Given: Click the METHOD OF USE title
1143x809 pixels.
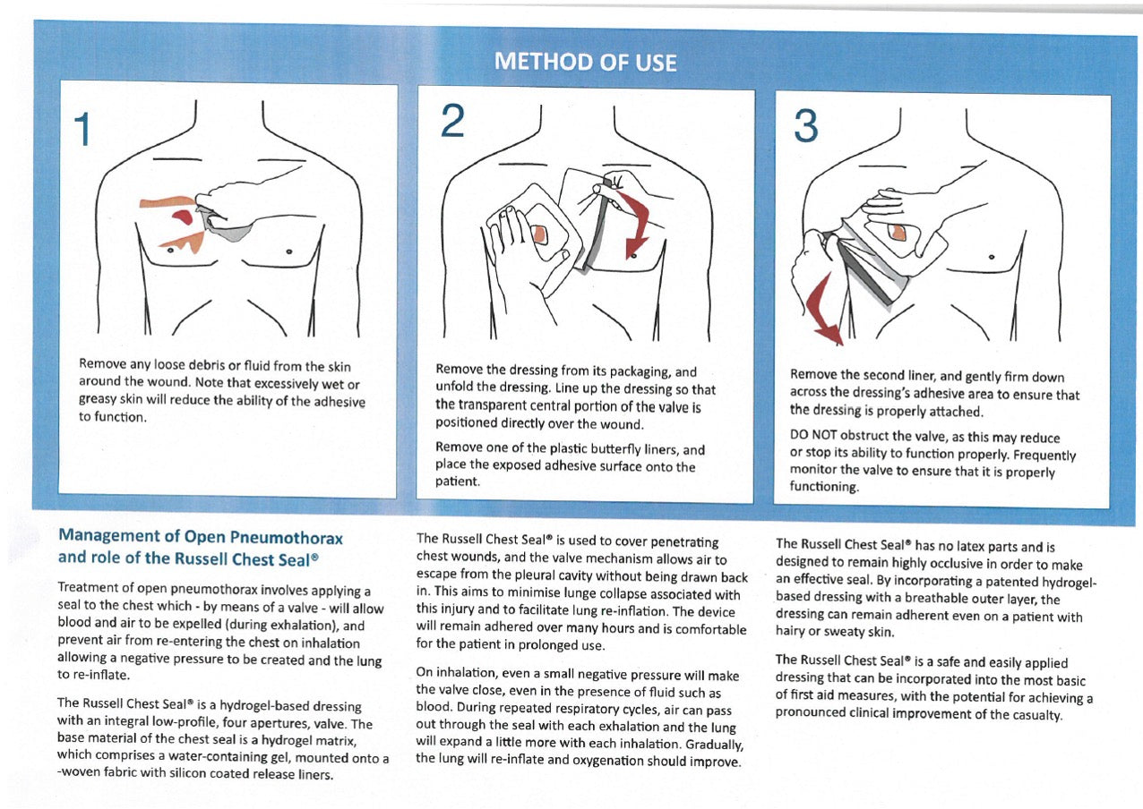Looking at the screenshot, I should point(585,62).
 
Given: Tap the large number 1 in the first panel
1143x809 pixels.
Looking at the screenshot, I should point(82,131).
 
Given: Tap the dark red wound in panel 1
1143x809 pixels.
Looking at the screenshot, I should point(182,216).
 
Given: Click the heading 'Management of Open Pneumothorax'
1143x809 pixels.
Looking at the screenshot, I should point(200,537).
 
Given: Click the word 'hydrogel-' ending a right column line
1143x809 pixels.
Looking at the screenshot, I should point(1064,583).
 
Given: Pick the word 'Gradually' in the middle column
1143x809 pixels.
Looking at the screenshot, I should point(710,745).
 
